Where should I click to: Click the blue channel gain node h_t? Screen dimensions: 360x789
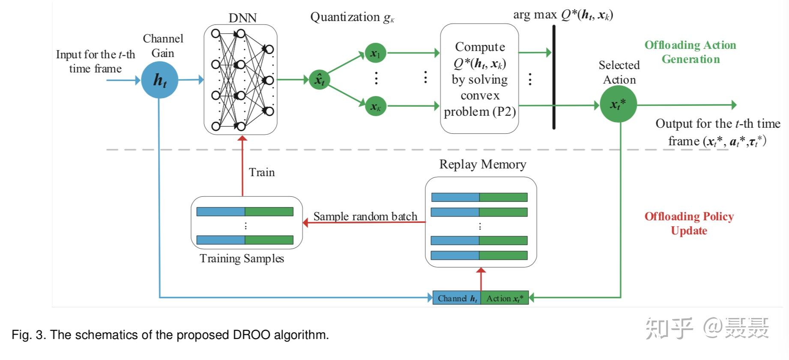[x=159, y=80]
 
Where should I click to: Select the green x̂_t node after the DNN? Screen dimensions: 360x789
[x=320, y=80]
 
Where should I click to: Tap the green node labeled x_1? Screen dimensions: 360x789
[x=375, y=53]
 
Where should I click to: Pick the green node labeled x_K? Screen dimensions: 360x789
[x=376, y=106]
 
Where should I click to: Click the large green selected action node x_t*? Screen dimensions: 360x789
[x=618, y=104]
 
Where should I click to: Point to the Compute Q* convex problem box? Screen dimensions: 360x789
[x=479, y=79]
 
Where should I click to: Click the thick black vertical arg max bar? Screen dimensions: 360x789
[x=554, y=77]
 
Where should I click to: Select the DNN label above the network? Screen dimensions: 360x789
[x=242, y=18]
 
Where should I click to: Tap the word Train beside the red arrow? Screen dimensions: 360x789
[x=262, y=172]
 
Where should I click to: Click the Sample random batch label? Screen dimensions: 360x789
[x=365, y=216]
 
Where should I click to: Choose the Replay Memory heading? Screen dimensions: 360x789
[x=482, y=165]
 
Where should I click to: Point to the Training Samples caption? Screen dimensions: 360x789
[x=242, y=258]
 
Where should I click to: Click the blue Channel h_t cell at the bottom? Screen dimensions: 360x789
[x=457, y=298]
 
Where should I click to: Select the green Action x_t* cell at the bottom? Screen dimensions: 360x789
[x=505, y=298]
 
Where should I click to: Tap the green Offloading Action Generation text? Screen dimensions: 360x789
[x=690, y=52]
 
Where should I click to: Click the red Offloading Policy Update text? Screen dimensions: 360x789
[x=689, y=223]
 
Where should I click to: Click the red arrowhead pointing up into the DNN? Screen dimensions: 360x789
[x=242, y=138]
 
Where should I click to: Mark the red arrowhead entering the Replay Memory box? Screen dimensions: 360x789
[x=481, y=271]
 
